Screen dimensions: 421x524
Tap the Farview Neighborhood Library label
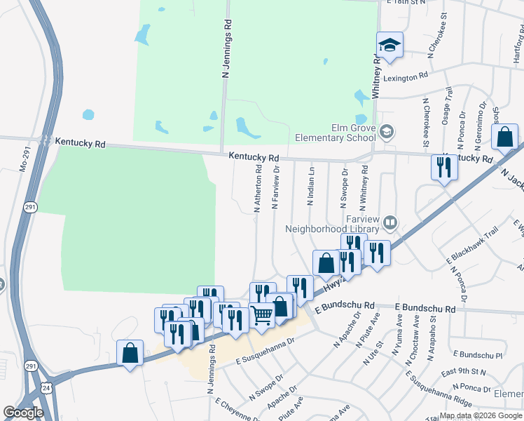coord(332,223)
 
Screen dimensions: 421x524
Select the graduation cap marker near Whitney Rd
coord(389,46)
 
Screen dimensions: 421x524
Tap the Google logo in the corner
coord(23,412)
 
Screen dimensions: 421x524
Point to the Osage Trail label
coord(447,107)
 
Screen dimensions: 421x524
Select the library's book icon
coord(389,224)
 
